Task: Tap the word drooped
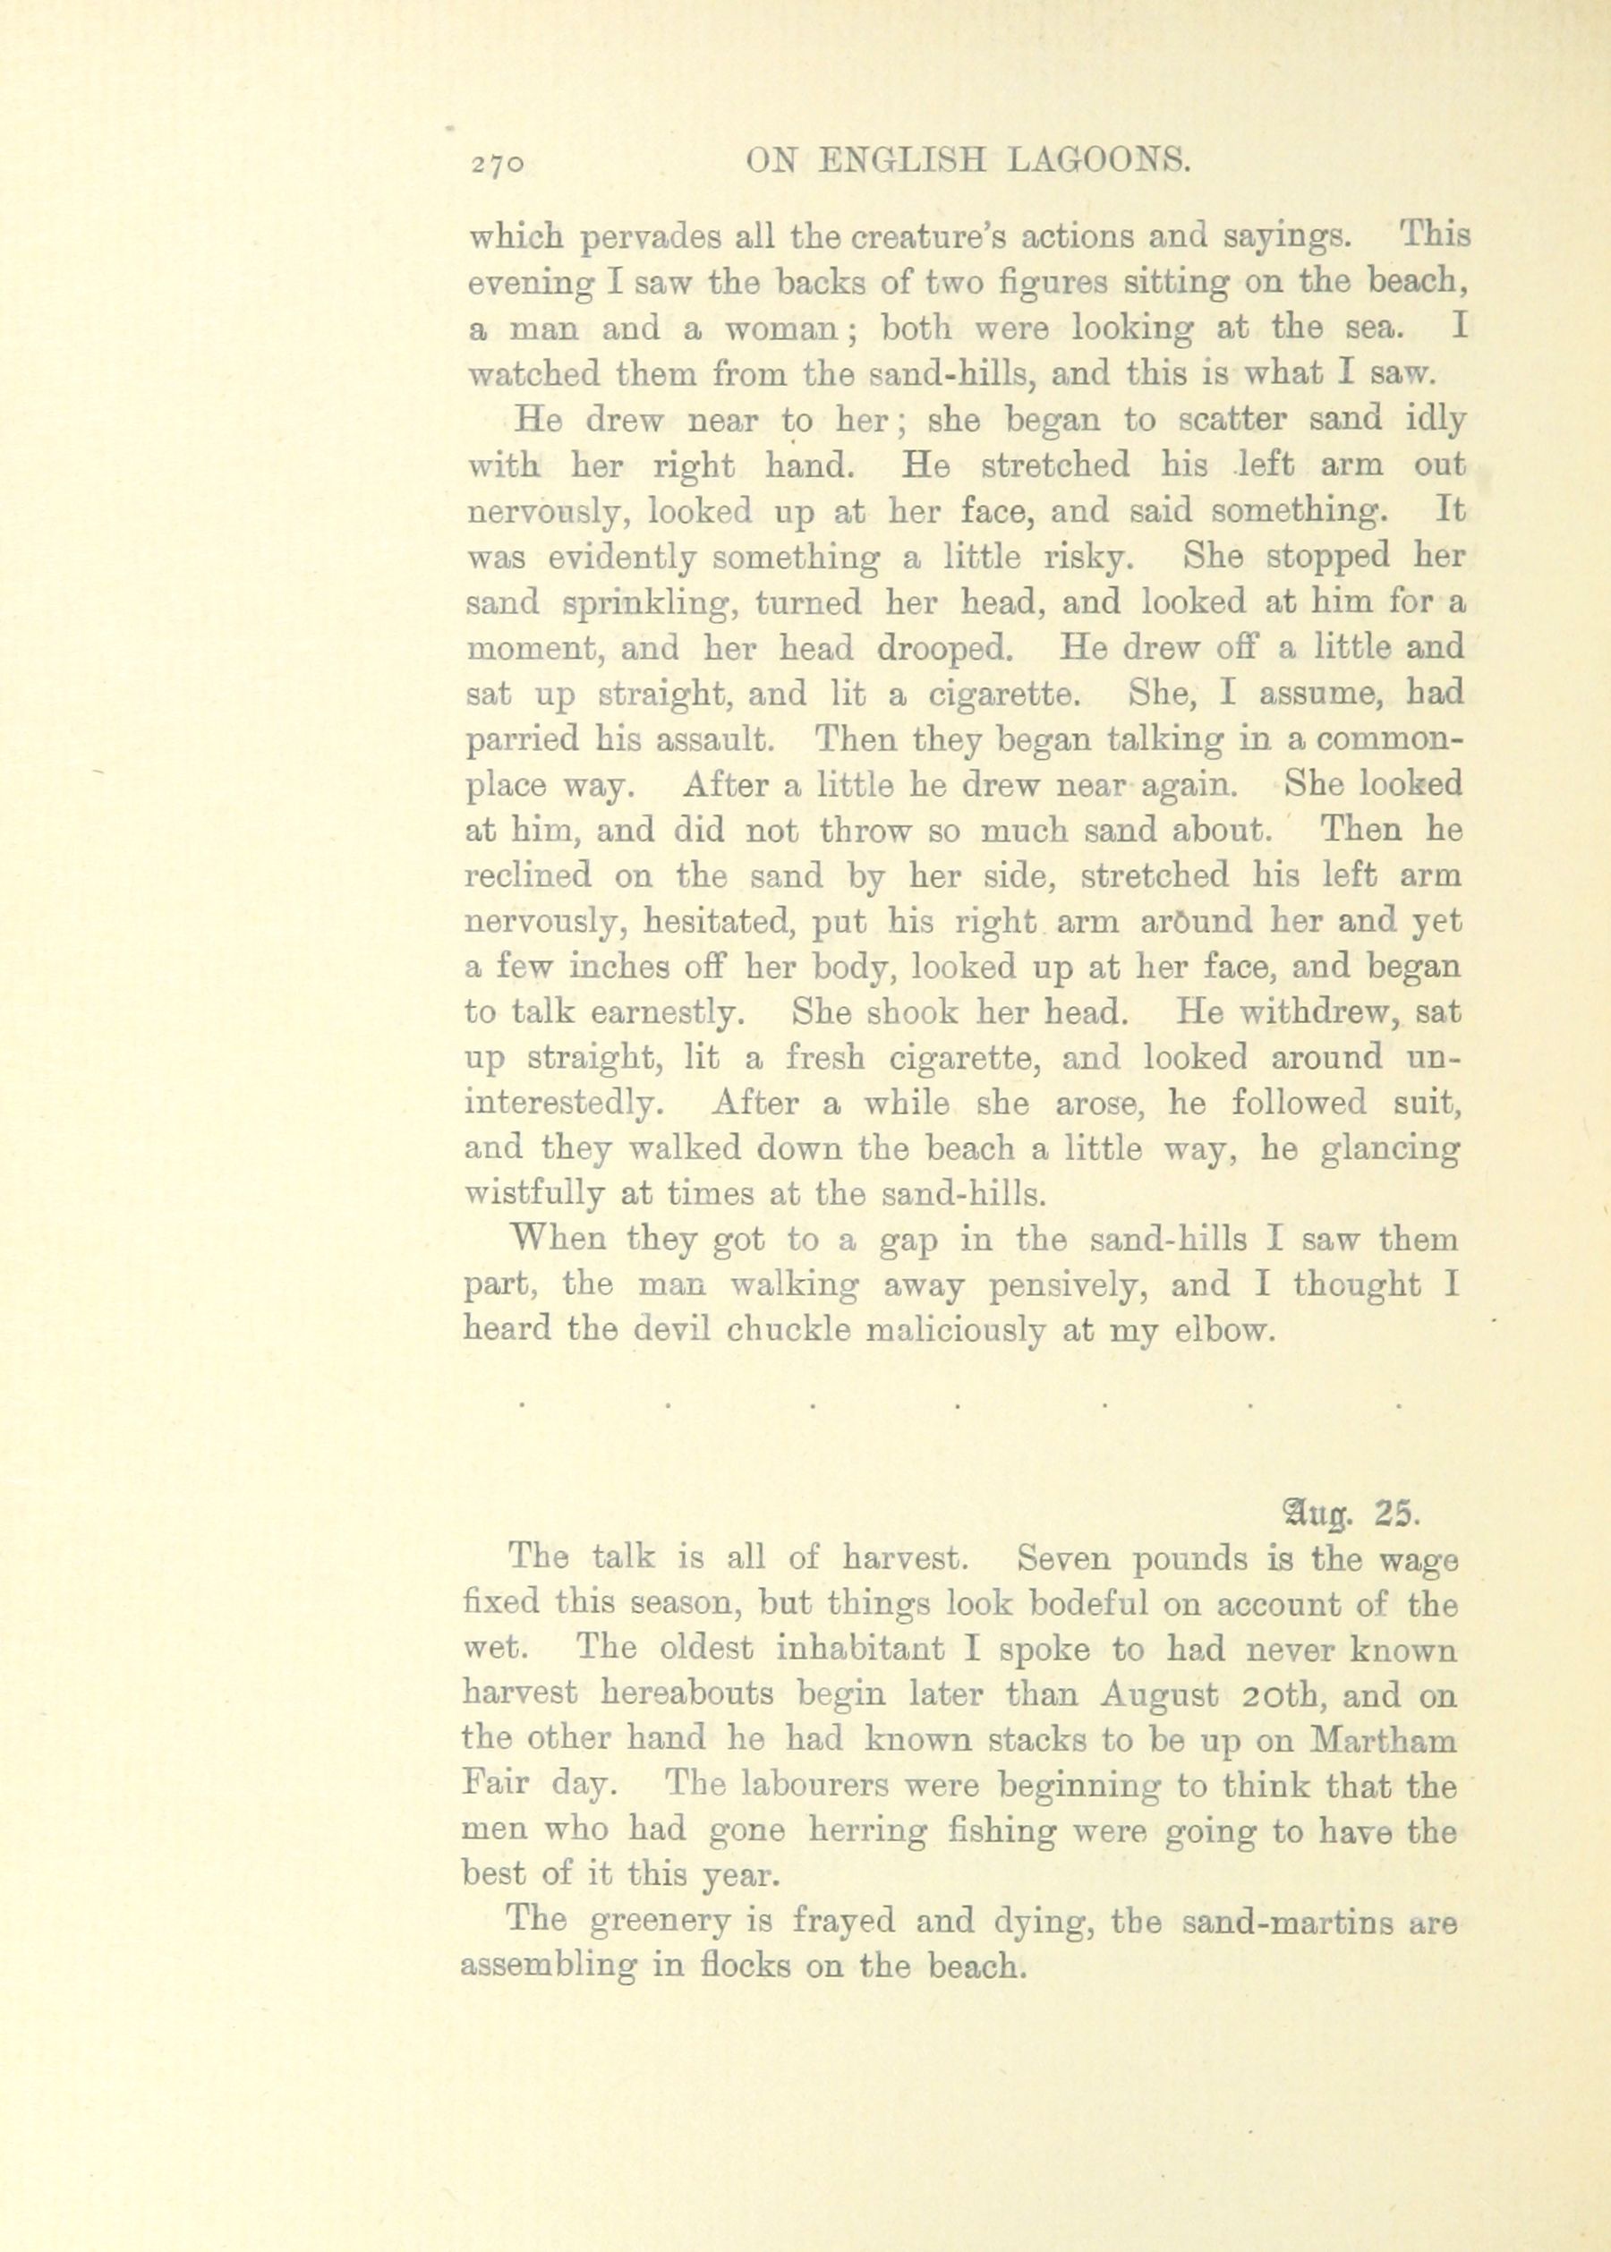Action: [x=942, y=650]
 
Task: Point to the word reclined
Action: [x=530, y=878]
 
